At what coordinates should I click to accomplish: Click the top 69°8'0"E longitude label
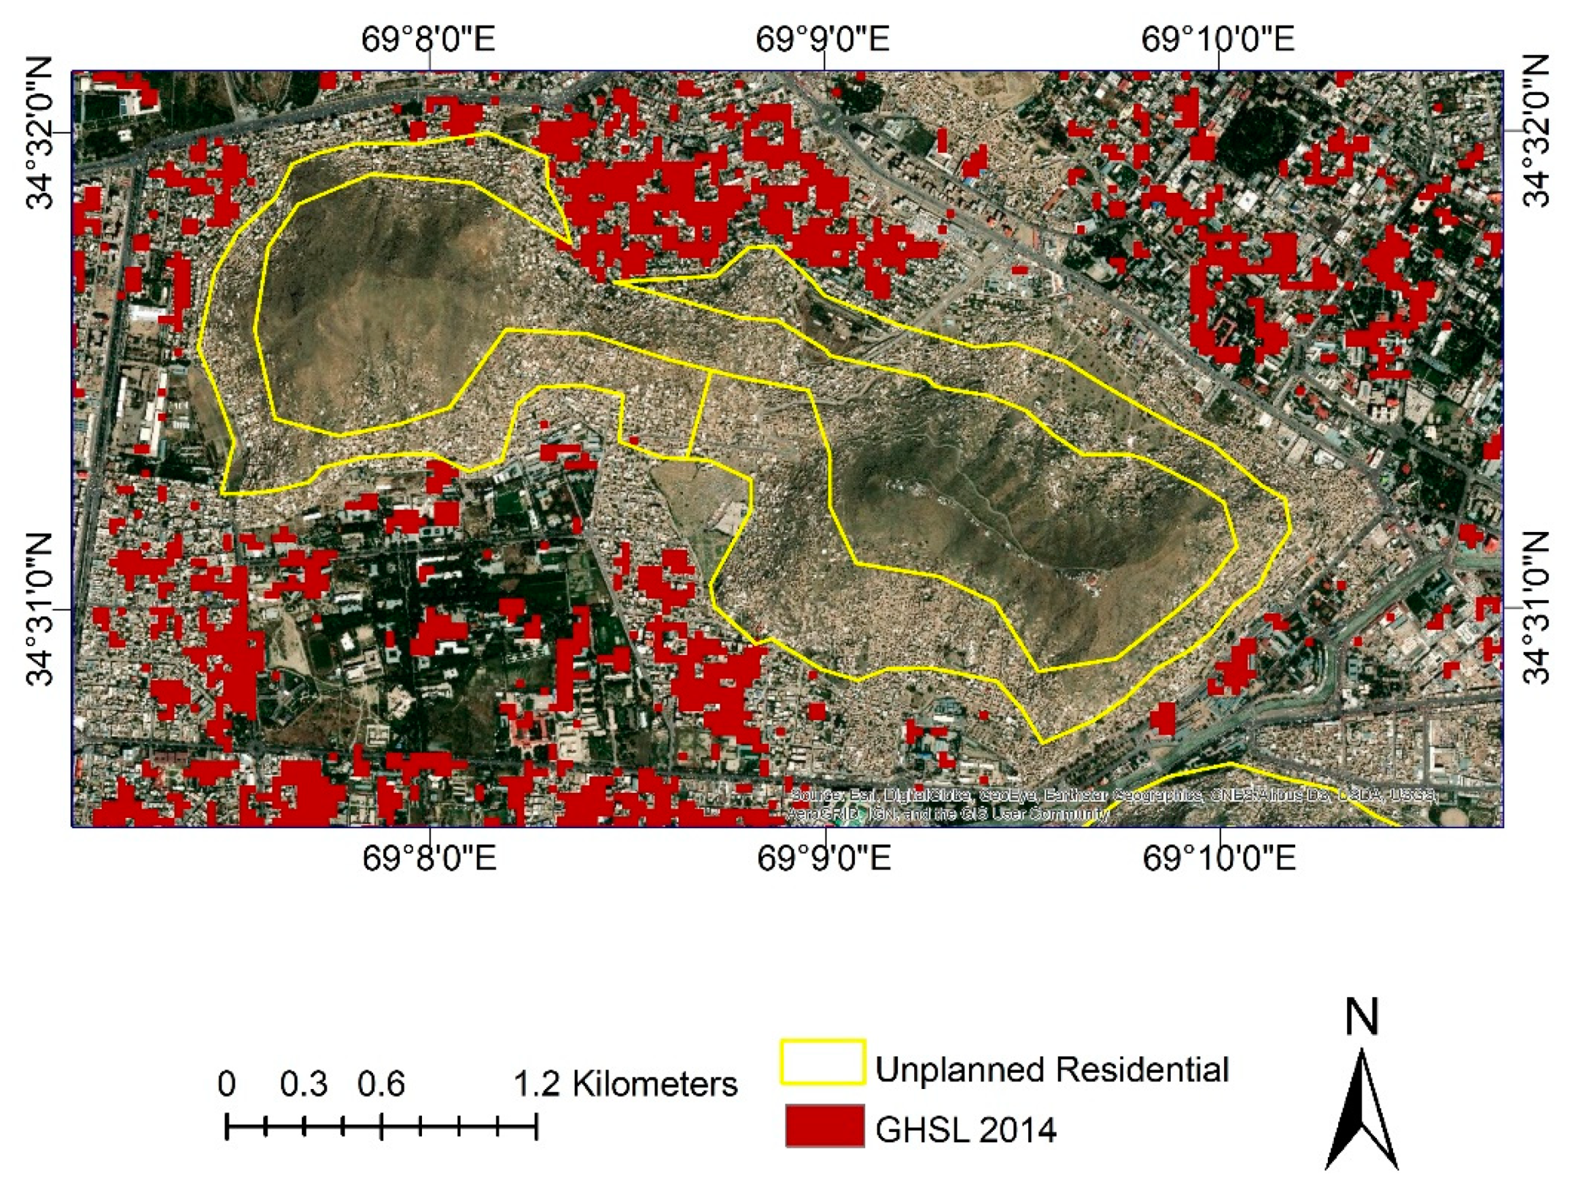(x=428, y=39)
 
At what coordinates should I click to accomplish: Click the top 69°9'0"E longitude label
(x=822, y=39)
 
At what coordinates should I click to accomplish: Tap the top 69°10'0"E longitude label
(x=1218, y=39)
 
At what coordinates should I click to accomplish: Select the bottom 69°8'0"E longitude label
(x=429, y=858)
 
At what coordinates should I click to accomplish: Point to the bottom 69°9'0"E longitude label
(x=824, y=858)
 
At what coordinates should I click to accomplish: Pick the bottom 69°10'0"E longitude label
(x=1219, y=858)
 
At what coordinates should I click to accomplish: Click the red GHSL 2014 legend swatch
(x=824, y=1126)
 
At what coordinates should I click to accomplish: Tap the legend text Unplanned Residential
(x=1052, y=1069)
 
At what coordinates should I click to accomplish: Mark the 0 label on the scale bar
(x=226, y=1084)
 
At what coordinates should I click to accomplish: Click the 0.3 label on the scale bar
(x=303, y=1084)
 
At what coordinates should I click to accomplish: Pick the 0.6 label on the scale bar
(x=381, y=1084)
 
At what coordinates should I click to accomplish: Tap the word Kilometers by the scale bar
(x=654, y=1084)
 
